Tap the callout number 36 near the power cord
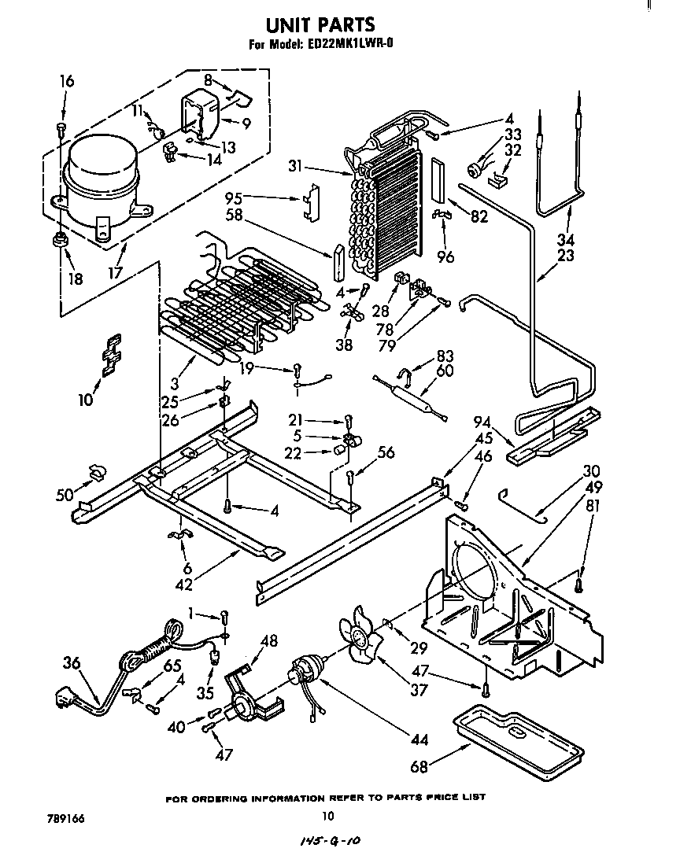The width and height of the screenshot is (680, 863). click(72, 662)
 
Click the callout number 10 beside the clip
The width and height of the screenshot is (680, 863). click(85, 400)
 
